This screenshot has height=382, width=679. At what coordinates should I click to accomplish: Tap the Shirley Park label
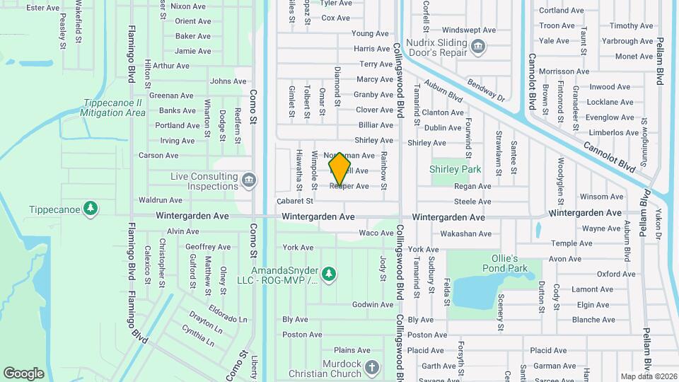tap(455, 170)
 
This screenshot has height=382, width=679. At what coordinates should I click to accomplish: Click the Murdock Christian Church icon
tap(373, 366)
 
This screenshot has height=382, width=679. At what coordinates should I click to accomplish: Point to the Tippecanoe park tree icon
tap(90, 208)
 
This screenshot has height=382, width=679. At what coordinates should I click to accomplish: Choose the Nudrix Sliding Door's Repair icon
tap(479, 47)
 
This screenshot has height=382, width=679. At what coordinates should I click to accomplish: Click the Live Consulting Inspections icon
tap(248, 181)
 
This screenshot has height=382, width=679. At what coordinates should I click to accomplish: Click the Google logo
tap(23, 373)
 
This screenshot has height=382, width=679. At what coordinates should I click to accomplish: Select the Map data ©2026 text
tap(647, 376)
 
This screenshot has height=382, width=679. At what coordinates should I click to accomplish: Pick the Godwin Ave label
tap(372, 305)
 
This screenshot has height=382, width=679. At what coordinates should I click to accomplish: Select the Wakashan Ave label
tap(465, 233)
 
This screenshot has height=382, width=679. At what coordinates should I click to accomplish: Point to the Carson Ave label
tap(157, 156)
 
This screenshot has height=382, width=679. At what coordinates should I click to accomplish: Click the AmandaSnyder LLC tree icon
tap(327, 273)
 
